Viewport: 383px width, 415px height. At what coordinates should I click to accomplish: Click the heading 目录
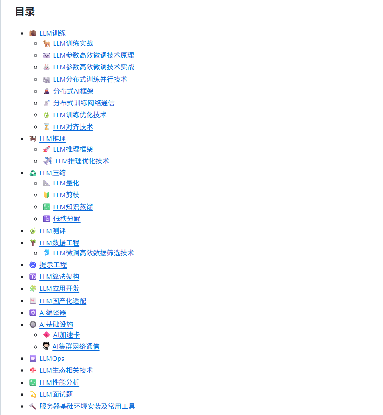25,12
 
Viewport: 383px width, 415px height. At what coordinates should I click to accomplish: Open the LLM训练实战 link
73,43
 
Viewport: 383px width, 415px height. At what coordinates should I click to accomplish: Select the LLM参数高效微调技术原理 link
93,55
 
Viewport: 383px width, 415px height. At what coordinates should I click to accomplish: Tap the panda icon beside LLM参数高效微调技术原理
47,55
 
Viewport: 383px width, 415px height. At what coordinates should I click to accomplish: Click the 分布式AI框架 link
73,91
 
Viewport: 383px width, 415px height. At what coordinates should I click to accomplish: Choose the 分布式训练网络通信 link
84,103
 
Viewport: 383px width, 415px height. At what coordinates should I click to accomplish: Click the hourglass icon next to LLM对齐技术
47,127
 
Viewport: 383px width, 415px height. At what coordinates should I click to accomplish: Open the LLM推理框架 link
73,149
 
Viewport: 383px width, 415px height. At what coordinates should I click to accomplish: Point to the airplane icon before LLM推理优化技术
48,161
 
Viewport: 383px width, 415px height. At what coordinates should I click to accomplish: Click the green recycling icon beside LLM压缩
33,173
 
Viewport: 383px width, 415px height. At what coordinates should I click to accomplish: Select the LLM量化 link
66,183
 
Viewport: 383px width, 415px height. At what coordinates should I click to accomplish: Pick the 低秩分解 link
67,219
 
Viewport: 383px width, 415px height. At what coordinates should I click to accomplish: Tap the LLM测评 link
53,231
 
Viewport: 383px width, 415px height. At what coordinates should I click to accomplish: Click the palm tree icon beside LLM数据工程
33,243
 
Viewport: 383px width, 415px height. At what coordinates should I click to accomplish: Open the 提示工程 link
53,265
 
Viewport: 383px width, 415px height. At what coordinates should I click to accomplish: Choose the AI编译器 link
53,313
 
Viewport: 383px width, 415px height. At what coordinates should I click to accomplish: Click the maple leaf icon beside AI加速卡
47,335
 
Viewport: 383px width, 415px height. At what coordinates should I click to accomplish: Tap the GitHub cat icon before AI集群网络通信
46,346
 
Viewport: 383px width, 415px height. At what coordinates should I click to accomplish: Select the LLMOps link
52,358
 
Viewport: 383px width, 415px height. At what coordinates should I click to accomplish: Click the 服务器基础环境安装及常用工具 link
87,406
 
